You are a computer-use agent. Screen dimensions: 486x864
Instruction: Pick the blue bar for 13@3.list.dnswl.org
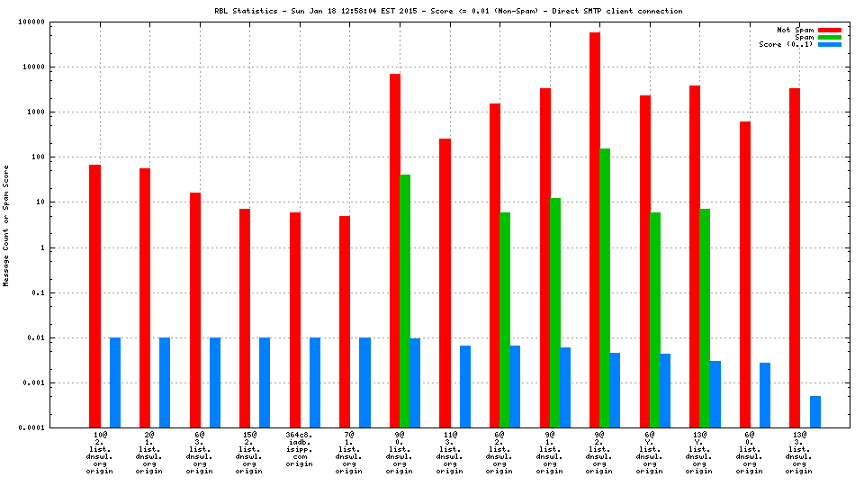(814, 411)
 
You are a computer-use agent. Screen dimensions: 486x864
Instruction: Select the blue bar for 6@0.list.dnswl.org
(765, 395)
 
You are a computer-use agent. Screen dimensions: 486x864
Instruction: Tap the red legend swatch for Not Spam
(829, 30)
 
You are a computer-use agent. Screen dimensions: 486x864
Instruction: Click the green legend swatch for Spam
(829, 37)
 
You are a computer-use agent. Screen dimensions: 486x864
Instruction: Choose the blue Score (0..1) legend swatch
(829, 44)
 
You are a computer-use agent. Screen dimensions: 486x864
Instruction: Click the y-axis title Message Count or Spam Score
(6, 225)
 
